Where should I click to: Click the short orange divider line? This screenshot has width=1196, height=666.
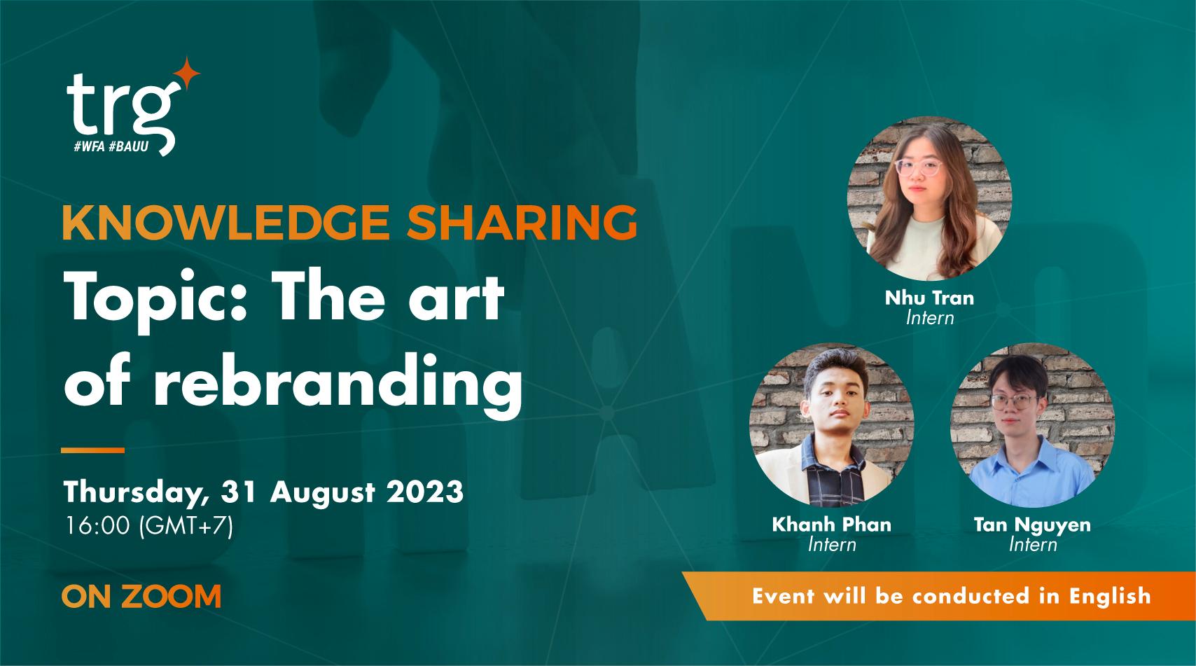92,450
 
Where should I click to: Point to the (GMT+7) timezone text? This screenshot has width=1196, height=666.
186,526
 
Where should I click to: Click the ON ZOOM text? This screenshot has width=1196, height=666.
141,597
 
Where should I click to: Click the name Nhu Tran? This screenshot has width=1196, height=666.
929,298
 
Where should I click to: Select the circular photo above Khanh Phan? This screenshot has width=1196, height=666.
832,425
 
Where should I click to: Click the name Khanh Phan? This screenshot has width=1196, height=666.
832,524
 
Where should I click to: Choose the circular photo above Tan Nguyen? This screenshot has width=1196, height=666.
1032,425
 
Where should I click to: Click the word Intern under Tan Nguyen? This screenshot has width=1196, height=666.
1032,543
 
